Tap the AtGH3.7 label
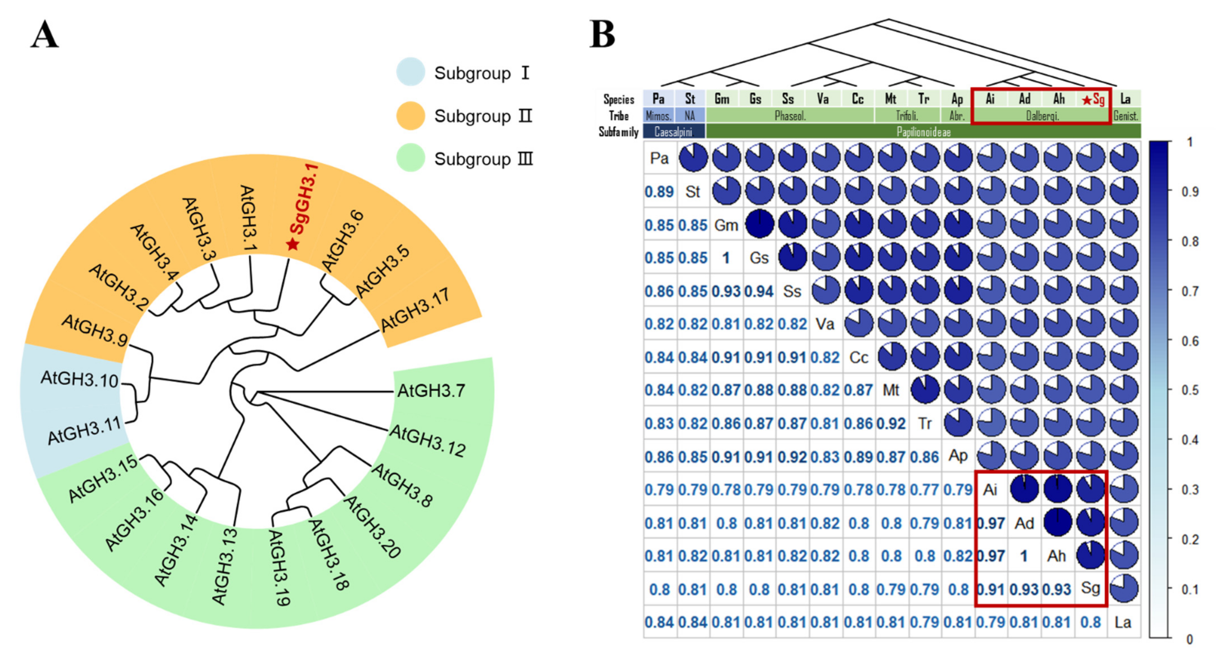coord(431,391)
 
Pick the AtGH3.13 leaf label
coord(224,567)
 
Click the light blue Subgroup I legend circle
coord(410,72)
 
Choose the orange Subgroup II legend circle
coord(410,115)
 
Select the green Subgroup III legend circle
coord(410,158)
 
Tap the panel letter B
coord(602,35)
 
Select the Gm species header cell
coord(722,99)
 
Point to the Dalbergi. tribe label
coord(1042,116)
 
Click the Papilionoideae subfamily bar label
coord(923,132)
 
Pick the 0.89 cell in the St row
coord(659,192)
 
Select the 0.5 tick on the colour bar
coord(1190,390)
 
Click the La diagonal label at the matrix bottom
coord(1123,622)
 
